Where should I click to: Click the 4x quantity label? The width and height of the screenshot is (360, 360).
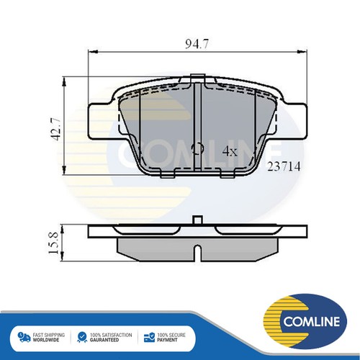point(229,151)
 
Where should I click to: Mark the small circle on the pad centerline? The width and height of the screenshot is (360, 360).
point(198,150)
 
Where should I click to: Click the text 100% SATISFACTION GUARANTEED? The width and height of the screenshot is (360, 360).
point(110,338)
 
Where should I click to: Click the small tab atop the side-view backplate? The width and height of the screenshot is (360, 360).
point(197,221)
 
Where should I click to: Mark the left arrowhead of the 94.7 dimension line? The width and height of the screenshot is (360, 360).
point(90,52)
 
